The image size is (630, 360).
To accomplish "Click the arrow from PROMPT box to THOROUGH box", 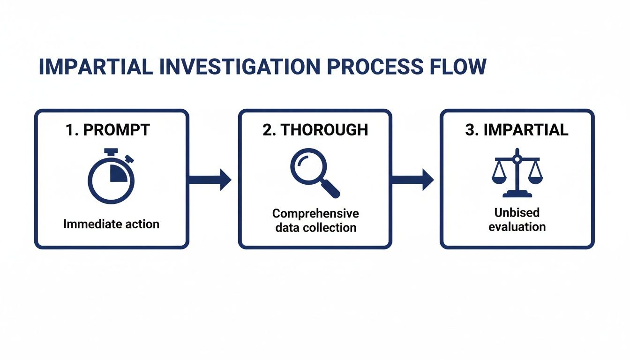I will [x=210, y=180].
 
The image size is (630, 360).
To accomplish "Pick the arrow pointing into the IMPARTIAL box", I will [x=412, y=180].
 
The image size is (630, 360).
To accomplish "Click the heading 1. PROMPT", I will [x=108, y=130].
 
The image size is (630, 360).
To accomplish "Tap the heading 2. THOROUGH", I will [x=315, y=130].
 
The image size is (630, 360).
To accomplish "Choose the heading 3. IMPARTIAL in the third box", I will [x=517, y=130].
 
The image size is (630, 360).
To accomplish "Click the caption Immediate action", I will [x=111, y=224].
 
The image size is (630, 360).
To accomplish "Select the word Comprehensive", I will [x=315, y=214].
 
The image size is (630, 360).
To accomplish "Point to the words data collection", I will [x=315, y=228].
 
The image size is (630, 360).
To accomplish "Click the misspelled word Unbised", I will [x=517, y=213].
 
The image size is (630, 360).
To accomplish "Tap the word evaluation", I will [x=517, y=227].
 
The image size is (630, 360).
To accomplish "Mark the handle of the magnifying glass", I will [x=331, y=188].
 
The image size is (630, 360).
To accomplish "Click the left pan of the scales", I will [x=500, y=178].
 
